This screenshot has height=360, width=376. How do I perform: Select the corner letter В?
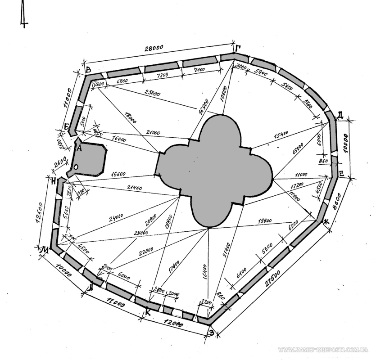[x=88, y=69]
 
